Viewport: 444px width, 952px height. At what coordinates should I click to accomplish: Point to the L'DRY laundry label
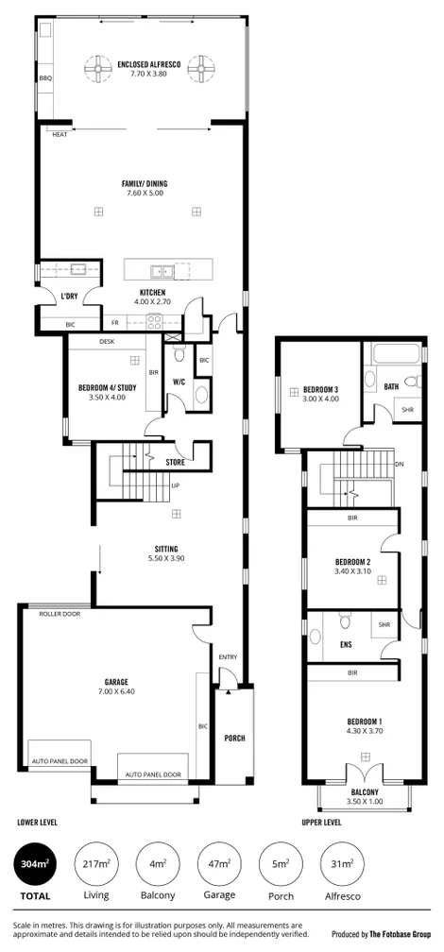pyautogui.click(x=68, y=297)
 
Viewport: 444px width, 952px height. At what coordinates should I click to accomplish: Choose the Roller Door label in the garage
pyautogui.click(x=59, y=614)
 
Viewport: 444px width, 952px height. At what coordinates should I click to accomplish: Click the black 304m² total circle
pyautogui.click(x=35, y=868)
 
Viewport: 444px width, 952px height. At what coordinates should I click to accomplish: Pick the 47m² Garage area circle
pyautogui.click(x=218, y=868)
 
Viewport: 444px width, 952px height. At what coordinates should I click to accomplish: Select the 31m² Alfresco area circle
pyautogui.click(x=342, y=868)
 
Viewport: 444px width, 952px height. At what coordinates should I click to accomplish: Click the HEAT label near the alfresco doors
pyautogui.click(x=60, y=134)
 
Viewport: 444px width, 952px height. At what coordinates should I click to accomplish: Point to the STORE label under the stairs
pyautogui.click(x=175, y=463)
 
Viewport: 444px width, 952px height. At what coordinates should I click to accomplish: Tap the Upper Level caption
pyautogui.click(x=321, y=823)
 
